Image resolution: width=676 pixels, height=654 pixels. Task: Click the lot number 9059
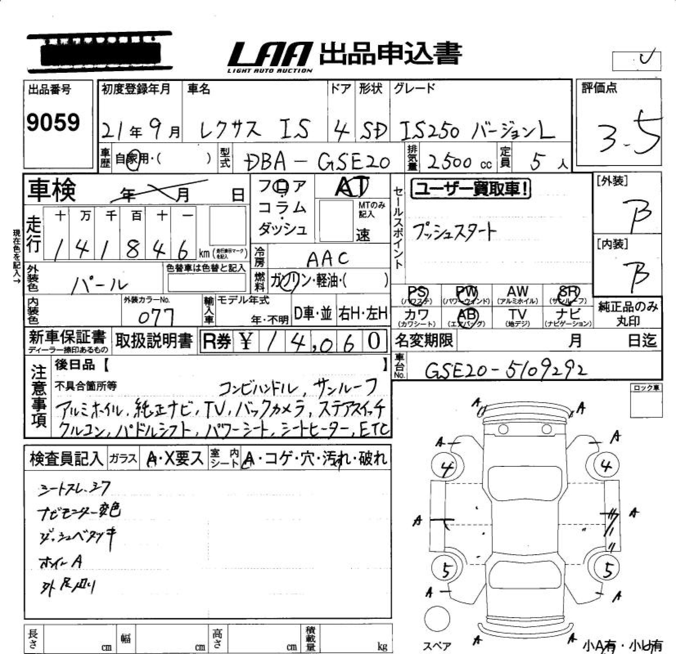[53, 122]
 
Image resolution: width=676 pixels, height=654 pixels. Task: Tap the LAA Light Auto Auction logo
[270, 57]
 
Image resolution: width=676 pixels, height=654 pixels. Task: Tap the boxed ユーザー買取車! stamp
[471, 189]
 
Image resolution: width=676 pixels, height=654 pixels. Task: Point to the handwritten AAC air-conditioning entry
[328, 259]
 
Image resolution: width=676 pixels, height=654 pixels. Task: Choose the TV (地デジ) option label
[517, 316]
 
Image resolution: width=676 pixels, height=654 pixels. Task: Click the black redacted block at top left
[100, 52]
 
